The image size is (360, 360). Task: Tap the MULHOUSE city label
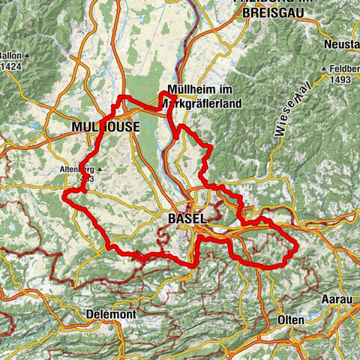pyautogui.click(x=105, y=128)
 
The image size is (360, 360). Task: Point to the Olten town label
pyautogui.click(x=290, y=319)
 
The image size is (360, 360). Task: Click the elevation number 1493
pyautogui.click(x=341, y=80)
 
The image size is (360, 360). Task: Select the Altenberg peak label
pyautogui.click(x=76, y=169)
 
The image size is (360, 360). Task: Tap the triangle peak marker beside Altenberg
pyautogui.click(x=98, y=169)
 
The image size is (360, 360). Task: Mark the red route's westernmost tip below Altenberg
pyautogui.click(x=64, y=194)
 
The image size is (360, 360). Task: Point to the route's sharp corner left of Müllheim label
pyautogui.click(x=163, y=93)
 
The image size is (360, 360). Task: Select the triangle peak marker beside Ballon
pyautogui.click(x=26, y=56)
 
